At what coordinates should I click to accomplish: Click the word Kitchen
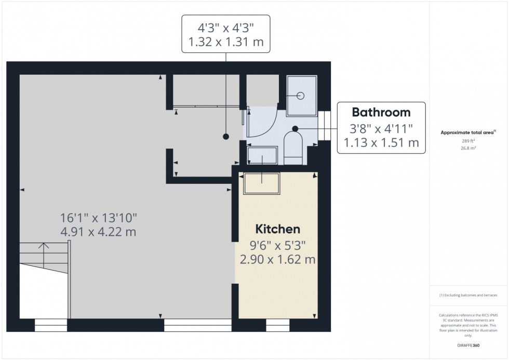click(277, 229)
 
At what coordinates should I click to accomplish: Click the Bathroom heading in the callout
click(381, 112)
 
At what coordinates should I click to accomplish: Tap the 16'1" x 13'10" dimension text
click(98, 218)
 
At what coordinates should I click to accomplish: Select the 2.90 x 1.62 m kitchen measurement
click(277, 259)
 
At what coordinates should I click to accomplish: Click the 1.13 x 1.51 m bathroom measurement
click(381, 142)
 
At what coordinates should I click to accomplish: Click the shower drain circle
click(300, 96)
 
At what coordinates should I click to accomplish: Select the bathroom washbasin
click(258, 155)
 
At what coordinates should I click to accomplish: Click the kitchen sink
click(262, 182)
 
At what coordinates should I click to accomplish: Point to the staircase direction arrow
click(44, 248)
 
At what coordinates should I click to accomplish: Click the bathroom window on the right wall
click(325, 126)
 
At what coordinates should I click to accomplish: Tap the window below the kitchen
click(277, 325)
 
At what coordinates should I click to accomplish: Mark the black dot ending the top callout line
click(226, 137)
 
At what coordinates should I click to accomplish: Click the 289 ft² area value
click(468, 141)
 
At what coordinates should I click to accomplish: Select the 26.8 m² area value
click(468, 148)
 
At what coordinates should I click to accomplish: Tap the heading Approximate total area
click(467, 132)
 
